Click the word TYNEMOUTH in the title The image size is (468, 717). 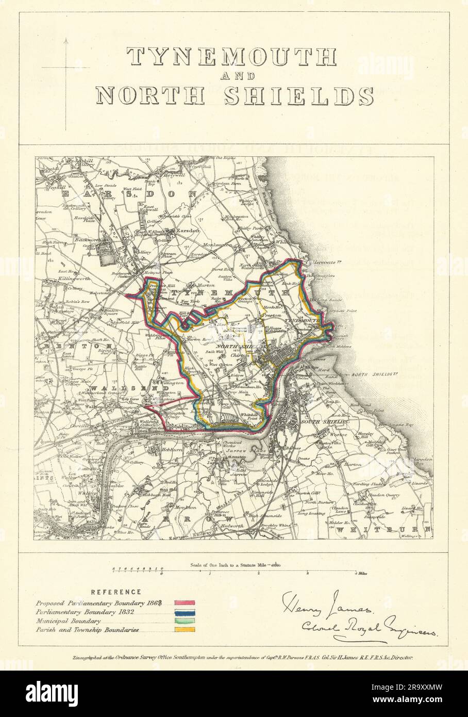232,57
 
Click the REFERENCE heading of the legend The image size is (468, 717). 116,592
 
